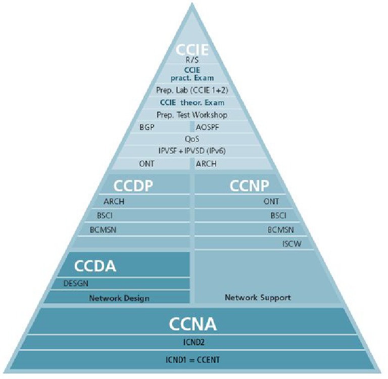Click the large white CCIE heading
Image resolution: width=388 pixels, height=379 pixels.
pos(191,50)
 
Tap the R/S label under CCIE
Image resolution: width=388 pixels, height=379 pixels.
pos(192,60)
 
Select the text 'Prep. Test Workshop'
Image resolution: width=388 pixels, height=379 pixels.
pos(192,115)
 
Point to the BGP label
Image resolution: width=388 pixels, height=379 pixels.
pos(147,127)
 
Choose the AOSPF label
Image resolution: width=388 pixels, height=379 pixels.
pos(207,127)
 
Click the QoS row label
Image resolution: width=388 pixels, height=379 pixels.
pos(192,138)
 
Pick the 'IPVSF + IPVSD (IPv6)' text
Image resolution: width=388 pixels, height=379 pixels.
pos(192,150)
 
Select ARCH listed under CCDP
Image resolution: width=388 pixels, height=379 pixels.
pos(114,202)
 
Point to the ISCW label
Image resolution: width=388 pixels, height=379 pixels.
pos(292,244)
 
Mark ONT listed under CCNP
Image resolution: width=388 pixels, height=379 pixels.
pos(271,202)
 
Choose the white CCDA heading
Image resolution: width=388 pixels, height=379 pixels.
pos(95,266)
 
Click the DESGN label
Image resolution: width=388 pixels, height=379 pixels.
pos(76,283)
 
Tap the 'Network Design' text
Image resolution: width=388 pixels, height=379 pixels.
pos(119,298)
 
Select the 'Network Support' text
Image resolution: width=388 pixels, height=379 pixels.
pos(258,297)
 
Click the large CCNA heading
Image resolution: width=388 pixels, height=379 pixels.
pos(192,323)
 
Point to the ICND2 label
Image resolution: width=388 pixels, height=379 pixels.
pos(192,342)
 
